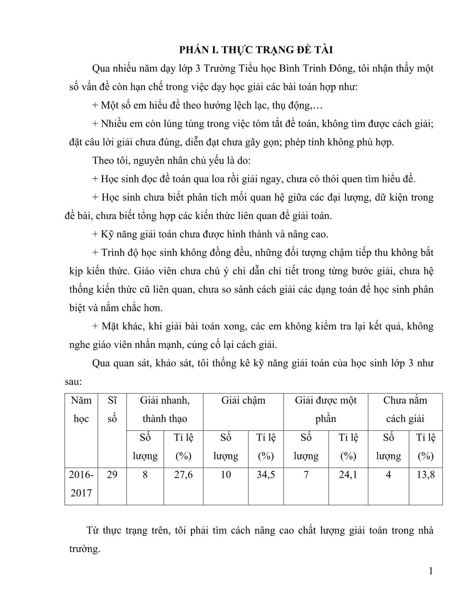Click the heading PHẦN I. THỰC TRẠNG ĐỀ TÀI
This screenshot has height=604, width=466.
coord(255,49)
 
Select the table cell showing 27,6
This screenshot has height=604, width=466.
coord(183,475)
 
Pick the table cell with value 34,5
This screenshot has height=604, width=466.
coord(266,475)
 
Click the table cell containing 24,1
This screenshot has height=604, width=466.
coord(348,475)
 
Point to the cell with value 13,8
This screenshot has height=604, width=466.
coord(426,475)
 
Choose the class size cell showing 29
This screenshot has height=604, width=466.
coord(112,475)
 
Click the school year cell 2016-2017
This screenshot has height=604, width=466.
coord(81,484)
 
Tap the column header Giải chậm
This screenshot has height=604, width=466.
coord(243,400)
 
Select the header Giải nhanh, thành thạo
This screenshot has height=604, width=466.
coord(164,409)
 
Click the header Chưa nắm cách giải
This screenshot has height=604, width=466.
coord(405,409)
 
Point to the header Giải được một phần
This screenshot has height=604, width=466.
coord(325,409)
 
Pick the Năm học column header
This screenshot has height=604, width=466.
coord(81,409)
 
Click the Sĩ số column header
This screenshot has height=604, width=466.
coord(112,409)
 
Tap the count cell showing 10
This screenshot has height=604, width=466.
coord(226,475)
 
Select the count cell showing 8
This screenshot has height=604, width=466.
coord(145,475)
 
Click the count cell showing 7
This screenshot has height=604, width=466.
coord(306,475)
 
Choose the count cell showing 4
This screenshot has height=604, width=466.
coord(388,475)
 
